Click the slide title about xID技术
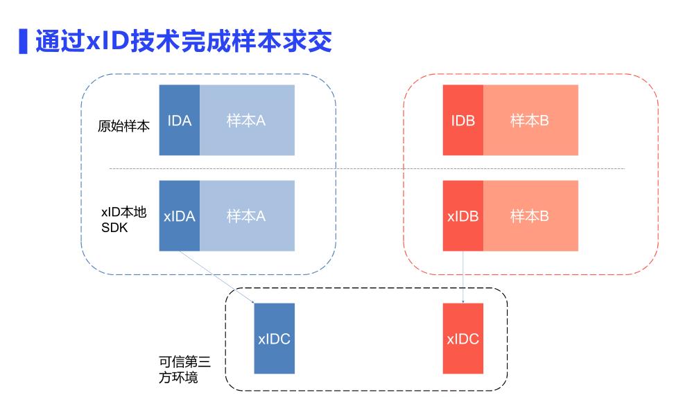tap(184, 42)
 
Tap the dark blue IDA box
tap(180, 120)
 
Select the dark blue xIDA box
tap(180, 215)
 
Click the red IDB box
tap(462, 120)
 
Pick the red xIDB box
tap(462, 215)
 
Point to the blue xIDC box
tap(274, 339)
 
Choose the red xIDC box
tap(462, 339)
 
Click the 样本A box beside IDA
tap(247, 120)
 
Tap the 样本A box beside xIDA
tap(247, 215)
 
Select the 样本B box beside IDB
tap(530, 120)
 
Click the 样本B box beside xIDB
tap(530, 215)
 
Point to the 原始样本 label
tap(123, 127)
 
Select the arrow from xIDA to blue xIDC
tap(216, 276)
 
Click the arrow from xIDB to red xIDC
tap(462, 276)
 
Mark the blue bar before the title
tap(23, 42)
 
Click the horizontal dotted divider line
tap(367, 168)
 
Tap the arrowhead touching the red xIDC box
tap(462, 301)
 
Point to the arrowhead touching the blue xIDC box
tap(253, 301)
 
